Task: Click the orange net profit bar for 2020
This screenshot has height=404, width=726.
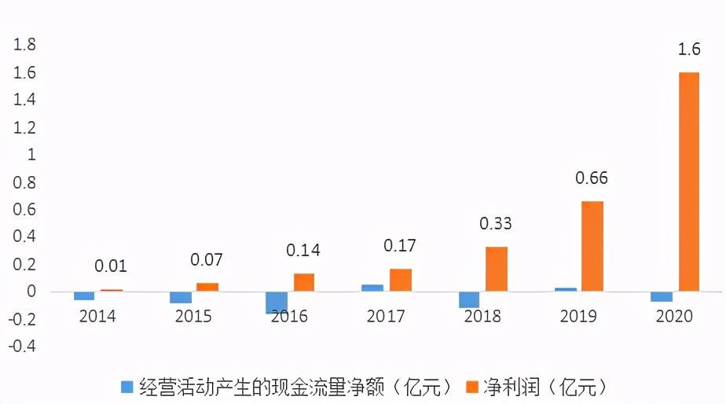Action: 688,182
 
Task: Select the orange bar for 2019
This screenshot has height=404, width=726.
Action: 592,246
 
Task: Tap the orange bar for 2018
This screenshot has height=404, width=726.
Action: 496,269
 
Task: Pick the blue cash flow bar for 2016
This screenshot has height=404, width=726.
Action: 276,303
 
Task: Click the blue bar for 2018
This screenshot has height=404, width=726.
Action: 469,299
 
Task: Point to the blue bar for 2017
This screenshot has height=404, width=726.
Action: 372,288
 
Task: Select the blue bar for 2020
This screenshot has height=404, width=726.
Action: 662,296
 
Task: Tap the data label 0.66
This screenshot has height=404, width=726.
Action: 592,178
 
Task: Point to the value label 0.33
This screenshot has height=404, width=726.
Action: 496,224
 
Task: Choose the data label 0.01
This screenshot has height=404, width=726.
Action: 111,267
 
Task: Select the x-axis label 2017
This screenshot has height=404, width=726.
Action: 386,317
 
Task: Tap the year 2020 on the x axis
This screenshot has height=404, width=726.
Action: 675,317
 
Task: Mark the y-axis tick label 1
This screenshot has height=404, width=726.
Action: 31,155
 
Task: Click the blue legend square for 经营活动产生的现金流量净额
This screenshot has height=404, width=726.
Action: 126,387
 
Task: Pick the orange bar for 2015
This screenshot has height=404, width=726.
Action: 207,287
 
